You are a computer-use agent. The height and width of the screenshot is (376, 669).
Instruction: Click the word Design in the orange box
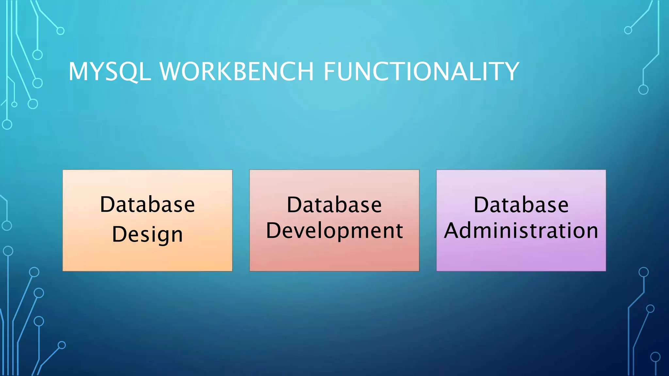[147, 234]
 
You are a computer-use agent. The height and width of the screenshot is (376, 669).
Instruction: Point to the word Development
[334, 231]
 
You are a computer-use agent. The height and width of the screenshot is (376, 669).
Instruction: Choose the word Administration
[521, 230]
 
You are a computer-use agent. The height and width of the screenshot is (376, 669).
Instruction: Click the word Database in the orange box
[147, 205]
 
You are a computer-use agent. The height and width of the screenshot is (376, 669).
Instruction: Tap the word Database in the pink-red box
[334, 205]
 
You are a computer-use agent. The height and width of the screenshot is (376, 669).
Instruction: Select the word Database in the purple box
[521, 205]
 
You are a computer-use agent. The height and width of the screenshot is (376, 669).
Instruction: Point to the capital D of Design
[119, 234]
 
